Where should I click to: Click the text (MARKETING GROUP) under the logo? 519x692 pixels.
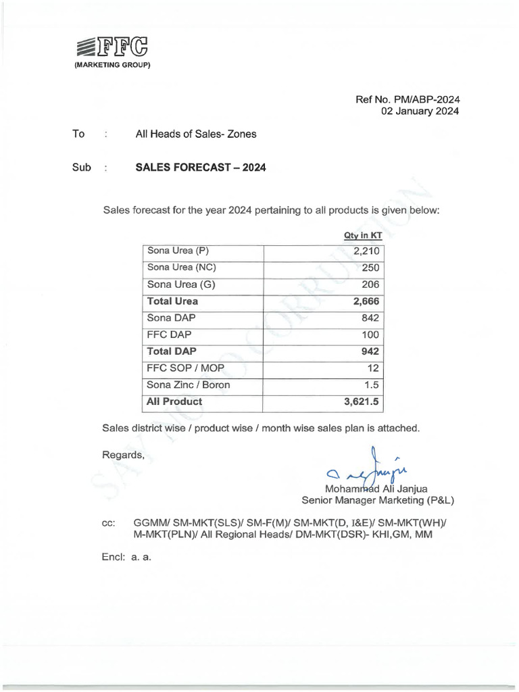coord(112,65)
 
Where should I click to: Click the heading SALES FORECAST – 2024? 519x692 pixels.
coord(201,168)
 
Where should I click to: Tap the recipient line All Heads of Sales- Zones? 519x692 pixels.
coord(196,134)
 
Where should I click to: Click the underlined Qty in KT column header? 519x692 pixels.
coord(364,235)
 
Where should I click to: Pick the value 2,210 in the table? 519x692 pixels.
coord(367,251)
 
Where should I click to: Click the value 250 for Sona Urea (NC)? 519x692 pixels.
coord(371,268)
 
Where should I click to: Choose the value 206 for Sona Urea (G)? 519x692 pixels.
coord(371,285)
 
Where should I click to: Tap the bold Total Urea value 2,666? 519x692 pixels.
coord(366,301)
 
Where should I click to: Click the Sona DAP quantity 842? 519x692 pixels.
coord(371,318)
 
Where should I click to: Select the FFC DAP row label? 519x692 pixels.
coord(169,335)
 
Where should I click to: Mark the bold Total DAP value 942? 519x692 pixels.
coord(370,351)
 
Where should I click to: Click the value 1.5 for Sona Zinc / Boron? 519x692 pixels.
coord(374,385)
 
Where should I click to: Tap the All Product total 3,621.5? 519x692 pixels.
coord(362,401)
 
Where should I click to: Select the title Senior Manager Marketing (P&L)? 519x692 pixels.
coord(378,501)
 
